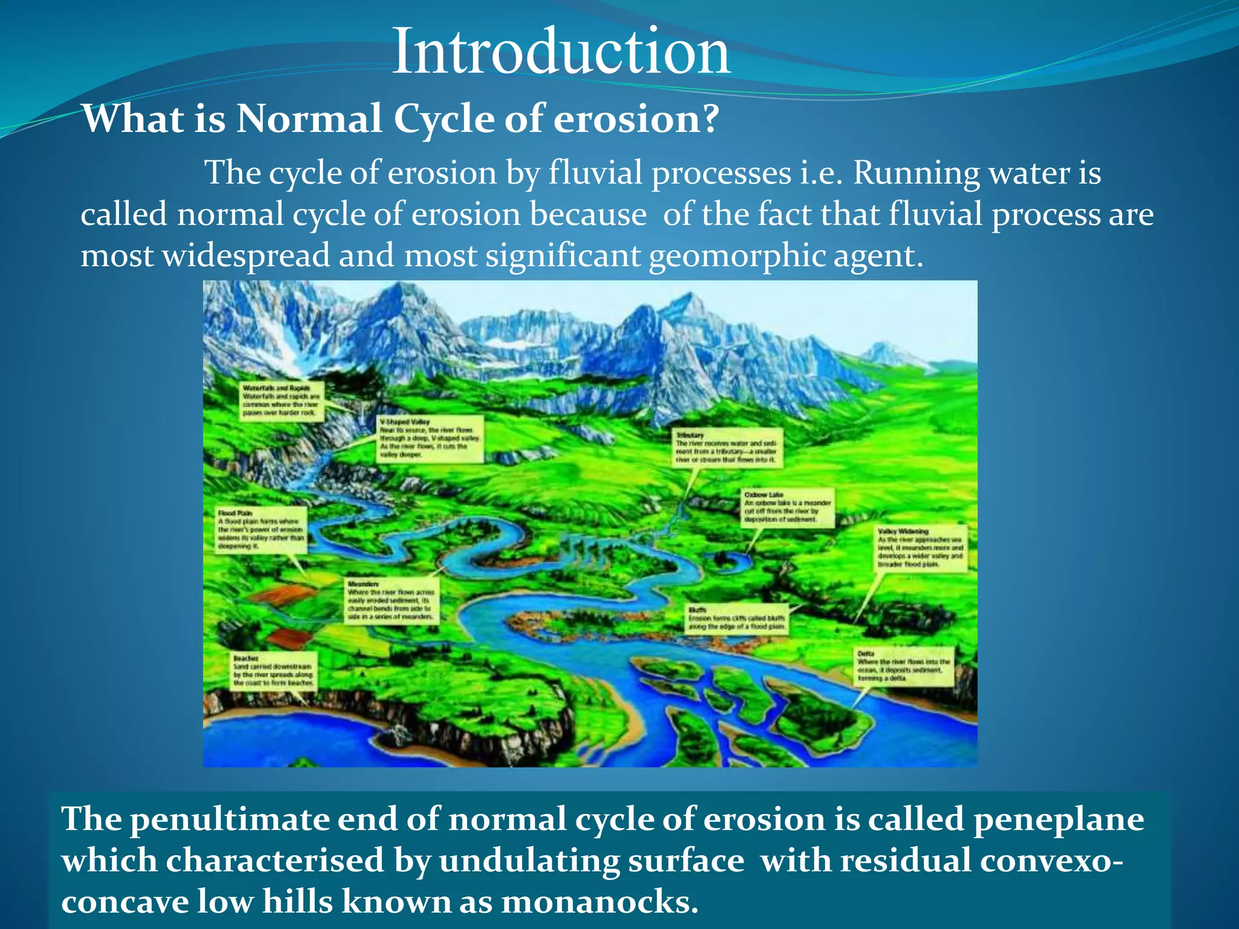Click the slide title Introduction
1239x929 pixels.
pyautogui.click(x=561, y=52)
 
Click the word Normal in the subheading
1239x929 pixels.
pyautogui.click(x=309, y=119)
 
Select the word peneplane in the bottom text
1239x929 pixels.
pyautogui.click(x=1058, y=820)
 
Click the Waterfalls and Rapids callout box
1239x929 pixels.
pyautogui.click(x=281, y=401)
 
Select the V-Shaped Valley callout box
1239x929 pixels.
pyautogui.click(x=430, y=438)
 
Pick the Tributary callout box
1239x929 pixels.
pyautogui.click(x=728, y=448)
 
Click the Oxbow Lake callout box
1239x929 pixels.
pyautogui.click(x=788, y=507)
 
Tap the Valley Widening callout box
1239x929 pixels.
pyautogui.click(x=921, y=549)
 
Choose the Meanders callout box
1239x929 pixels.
pyautogui.click(x=391, y=601)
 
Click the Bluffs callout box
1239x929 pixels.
pyautogui.click(x=737, y=619)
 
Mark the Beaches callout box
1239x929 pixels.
pyautogui.click(x=273, y=671)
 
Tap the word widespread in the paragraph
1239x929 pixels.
pyautogui.click(x=246, y=256)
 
